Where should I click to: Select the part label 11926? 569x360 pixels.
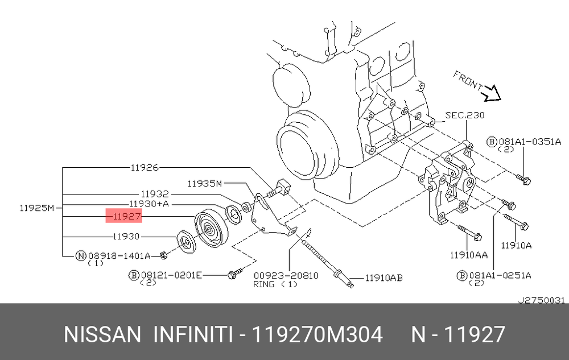coord(145,168)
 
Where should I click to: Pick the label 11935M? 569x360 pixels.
coord(204,183)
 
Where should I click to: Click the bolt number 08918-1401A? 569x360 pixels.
coord(118,256)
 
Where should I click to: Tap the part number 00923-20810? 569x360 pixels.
coord(286,275)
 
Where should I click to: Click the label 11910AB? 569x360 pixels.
coord(384,278)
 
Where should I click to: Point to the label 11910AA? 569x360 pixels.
coord(469,256)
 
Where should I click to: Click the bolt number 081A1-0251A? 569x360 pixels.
coord(499,275)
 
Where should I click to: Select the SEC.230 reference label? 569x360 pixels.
coord(465,115)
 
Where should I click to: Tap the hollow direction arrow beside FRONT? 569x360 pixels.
coord(490,92)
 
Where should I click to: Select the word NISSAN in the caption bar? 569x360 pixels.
coord(102,334)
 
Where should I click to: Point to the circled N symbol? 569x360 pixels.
coord(81,256)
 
